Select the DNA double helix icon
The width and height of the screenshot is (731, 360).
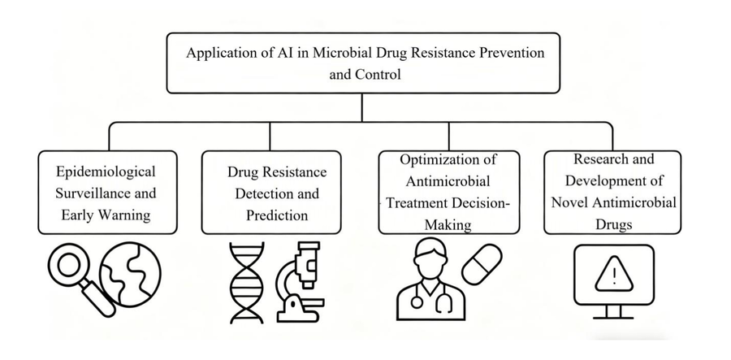coord(245,280)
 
